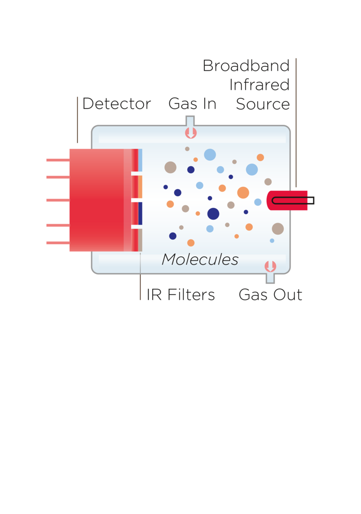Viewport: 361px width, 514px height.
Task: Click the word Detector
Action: click(116, 104)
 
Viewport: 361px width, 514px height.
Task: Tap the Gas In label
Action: click(193, 104)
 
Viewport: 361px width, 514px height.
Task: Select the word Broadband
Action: click(246, 66)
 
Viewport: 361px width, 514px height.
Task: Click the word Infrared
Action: click(260, 84)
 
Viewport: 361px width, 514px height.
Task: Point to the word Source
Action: click(263, 104)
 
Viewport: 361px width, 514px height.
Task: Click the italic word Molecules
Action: click(200, 259)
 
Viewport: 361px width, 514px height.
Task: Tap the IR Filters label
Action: click(180, 294)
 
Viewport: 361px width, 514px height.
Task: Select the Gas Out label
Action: click(270, 294)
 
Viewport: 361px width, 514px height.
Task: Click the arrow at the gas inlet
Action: click(191, 133)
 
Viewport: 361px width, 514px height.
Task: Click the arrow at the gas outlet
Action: click(270, 267)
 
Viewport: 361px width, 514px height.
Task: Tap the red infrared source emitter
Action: click(287, 200)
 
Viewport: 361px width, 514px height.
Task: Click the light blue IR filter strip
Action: click(141, 160)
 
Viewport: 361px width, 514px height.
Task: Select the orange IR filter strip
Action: click(141, 187)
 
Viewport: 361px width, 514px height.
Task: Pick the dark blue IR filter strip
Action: click(141, 213)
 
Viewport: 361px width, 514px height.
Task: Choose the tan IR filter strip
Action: click(141, 240)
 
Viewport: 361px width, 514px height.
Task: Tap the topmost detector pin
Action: click(58, 160)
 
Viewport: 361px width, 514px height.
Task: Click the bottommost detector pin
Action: click(58, 243)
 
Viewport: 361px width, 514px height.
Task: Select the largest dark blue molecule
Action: click(213, 214)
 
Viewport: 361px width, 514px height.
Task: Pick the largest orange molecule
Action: click(243, 193)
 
